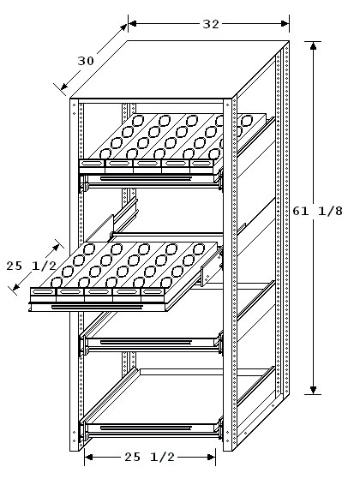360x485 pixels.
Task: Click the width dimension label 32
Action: (x=211, y=24)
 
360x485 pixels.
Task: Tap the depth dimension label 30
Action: (x=86, y=61)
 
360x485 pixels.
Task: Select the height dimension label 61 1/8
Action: (x=318, y=212)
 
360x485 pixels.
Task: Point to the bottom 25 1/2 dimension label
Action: (x=150, y=457)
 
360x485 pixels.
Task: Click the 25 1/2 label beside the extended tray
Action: (x=32, y=266)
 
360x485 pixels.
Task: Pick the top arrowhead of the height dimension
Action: (x=314, y=45)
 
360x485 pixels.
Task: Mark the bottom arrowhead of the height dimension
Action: (x=314, y=390)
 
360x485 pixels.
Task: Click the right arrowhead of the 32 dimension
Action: (x=285, y=23)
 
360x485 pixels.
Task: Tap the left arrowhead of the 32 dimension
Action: (x=133, y=23)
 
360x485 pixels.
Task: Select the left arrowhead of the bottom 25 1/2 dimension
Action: (x=89, y=457)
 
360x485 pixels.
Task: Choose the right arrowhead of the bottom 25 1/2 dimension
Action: (x=211, y=457)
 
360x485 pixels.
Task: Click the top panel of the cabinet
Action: (x=179, y=69)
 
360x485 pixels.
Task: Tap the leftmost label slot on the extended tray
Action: (x=43, y=291)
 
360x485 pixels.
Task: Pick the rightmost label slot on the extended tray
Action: (x=153, y=291)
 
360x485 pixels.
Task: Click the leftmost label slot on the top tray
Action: (x=92, y=163)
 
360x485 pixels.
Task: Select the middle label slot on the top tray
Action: (x=147, y=163)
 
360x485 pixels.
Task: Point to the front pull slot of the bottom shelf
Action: (x=146, y=428)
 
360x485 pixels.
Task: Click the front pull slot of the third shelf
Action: (x=146, y=342)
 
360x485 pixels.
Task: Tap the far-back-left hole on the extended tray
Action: (x=89, y=248)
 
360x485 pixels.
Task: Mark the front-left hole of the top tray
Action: (x=105, y=153)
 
